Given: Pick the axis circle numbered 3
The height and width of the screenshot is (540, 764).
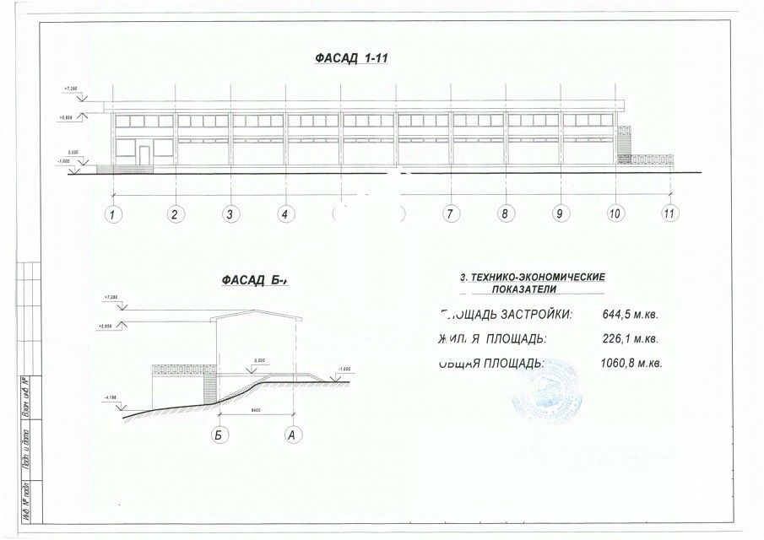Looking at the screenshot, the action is pyautogui.click(x=230, y=213).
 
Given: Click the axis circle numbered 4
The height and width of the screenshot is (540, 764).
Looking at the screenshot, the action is pyautogui.click(x=285, y=213).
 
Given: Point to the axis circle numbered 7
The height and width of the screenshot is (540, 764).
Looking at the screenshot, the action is pyautogui.click(x=451, y=213).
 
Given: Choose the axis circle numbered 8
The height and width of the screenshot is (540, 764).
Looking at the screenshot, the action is pyautogui.click(x=505, y=213).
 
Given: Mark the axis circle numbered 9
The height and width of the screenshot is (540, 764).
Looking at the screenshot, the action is pyautogui.click(x=559, y=213).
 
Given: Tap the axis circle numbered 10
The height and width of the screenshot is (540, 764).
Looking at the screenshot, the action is pyautogui.click(x=615, y=213).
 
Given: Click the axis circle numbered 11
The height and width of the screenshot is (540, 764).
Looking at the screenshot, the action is pyautogui.click(x=669, y=213).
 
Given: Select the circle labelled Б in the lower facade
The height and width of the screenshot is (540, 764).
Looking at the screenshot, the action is pyautogui.click(x=219, y=435).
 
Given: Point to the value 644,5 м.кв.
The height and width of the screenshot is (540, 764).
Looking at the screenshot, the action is pyautogui.click(x=630, y=315).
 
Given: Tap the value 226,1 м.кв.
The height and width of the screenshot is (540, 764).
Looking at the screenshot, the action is pyautogui.click(x=630, y=339).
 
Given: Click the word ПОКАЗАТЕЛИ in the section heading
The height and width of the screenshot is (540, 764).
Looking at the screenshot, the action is pyautogui.click(x=532, y=289).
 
